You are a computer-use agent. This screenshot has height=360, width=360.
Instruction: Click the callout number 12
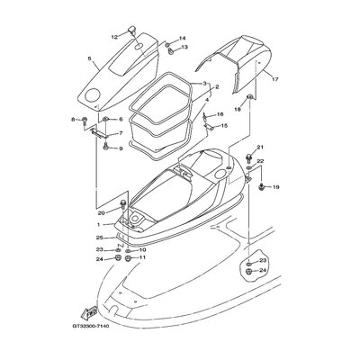tap(114, 37)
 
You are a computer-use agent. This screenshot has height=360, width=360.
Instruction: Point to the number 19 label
tap(276, 187)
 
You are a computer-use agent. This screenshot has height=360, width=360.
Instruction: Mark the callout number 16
tap(220, 114)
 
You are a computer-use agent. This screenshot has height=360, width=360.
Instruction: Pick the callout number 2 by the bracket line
tap(214, 88)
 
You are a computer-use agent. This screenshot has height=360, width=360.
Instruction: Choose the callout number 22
tap(260, 162)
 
